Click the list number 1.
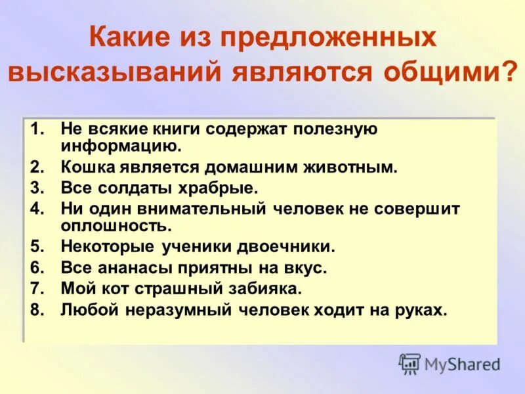(36, 129)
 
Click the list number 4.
(36, 209)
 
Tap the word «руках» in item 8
(421, 310)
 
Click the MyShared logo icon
(410, 363)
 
